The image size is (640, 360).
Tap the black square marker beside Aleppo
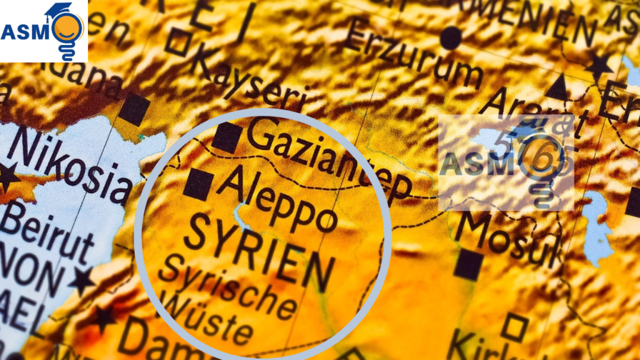199,184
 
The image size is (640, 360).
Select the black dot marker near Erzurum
450,39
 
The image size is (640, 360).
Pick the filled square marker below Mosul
468,265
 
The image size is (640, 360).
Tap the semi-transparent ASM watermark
506,162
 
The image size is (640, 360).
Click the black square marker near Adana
134,109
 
